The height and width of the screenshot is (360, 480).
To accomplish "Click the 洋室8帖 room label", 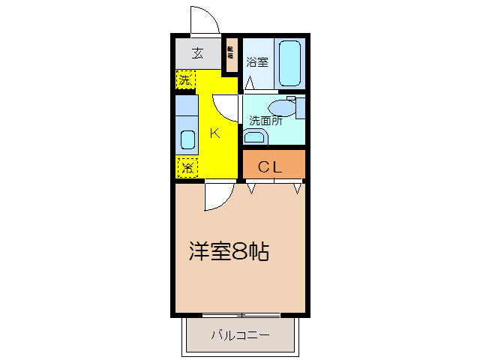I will [x=229, y=252].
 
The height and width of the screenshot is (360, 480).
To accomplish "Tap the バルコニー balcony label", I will [x=239, y=334].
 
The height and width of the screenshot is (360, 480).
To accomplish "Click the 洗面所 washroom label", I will [x=265, y=120].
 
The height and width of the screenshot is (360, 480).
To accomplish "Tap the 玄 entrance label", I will [x=196, y=53].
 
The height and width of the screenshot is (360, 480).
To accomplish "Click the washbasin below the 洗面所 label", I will [x=255, y=136].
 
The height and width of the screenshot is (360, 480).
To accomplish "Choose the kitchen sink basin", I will [x=187, y=139].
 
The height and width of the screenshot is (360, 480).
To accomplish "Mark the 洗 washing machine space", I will [x=185, y=78].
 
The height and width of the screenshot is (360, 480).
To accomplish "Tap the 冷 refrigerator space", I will [x=186, y=167].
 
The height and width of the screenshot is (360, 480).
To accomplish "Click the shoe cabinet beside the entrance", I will [x=231, y=55].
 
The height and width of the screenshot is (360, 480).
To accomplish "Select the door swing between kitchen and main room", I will [x=217, y=197].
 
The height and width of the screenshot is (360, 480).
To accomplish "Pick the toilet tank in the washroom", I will [x=301, y=106].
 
